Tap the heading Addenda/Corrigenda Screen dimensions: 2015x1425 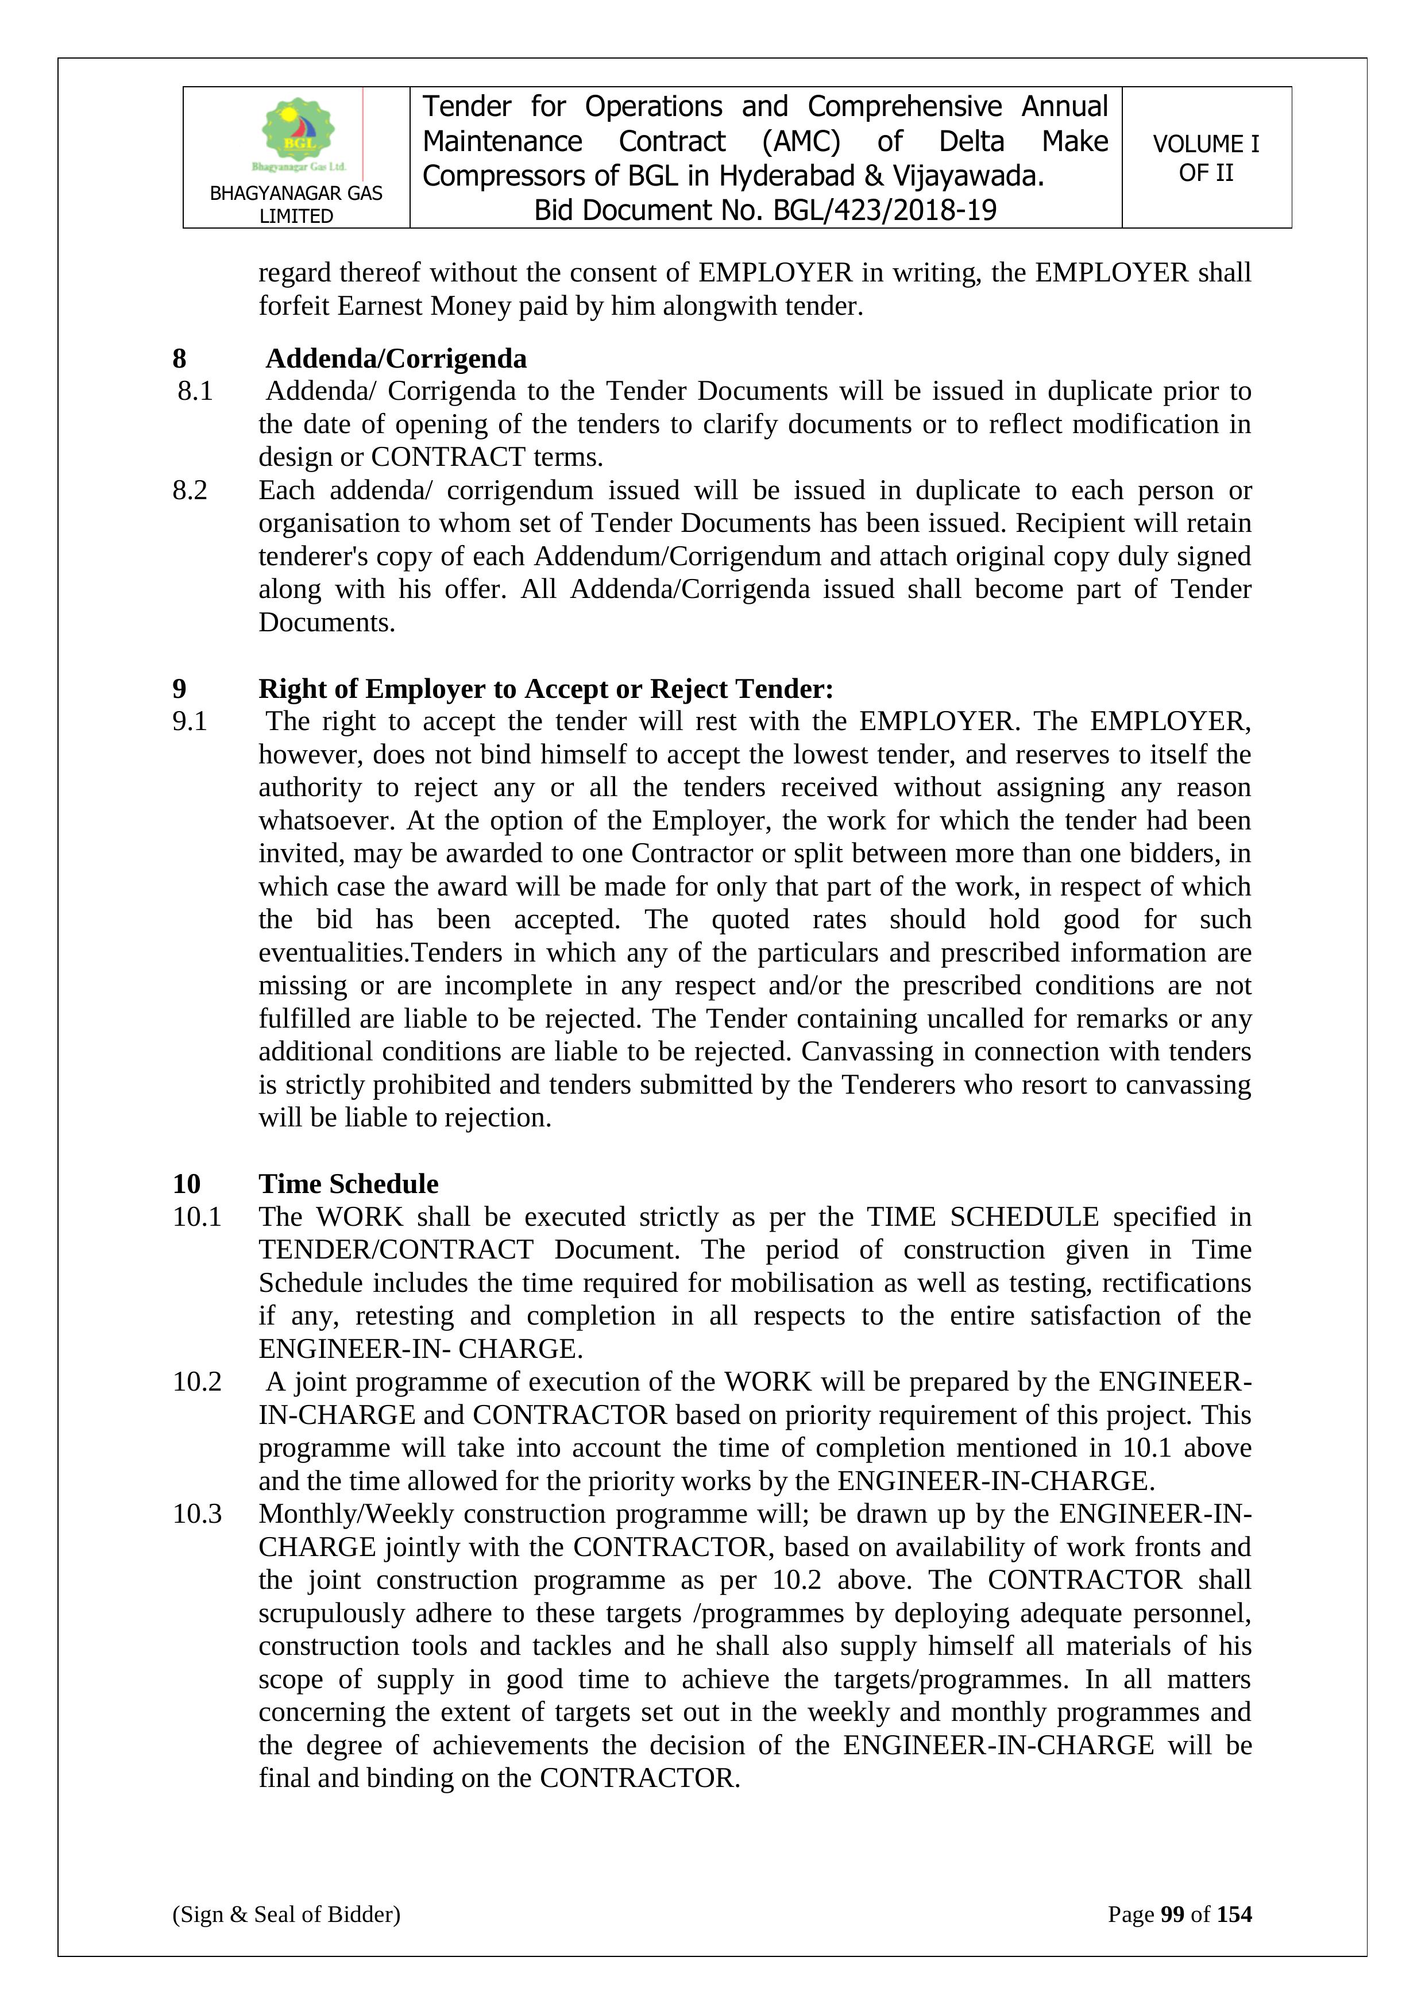(396, 359)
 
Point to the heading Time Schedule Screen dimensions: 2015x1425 (349, 1184)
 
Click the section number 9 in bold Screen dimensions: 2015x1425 (180, 689)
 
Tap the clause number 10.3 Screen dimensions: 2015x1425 (198, 1514)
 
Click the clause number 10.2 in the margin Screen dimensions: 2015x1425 (198, 1382)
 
